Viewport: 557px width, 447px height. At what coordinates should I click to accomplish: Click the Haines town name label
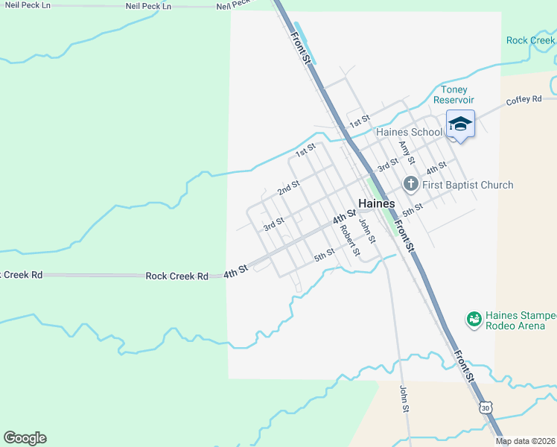click(377, 203)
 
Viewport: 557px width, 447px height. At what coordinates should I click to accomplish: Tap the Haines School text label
click(409, 133)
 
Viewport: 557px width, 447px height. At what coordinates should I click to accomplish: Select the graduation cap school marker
click(460, 124)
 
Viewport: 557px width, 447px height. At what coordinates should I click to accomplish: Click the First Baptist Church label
click(468, 185)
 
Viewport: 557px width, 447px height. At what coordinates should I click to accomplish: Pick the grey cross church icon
click(410, 183)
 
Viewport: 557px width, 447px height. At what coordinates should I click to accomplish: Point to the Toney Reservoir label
click(464, 95)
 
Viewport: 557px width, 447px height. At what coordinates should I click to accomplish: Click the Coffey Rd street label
click(523, 101)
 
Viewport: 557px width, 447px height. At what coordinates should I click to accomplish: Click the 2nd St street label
click(288, 188)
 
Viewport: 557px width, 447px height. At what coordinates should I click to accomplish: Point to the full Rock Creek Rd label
click(176, 276)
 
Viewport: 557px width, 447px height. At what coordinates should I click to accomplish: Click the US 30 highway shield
click(486, 408)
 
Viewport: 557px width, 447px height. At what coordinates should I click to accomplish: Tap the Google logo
click(25, 438)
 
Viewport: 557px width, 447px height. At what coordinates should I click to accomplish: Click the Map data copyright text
click(526, 442)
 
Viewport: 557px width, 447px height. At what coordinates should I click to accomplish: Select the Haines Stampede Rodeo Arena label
click(515, 320)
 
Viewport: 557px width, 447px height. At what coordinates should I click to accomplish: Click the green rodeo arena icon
click(473, 320)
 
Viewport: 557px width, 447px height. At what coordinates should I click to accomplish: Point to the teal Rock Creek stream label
click(531, 40)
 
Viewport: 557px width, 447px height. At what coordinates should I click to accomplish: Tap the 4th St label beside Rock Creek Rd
click(235, 274)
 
